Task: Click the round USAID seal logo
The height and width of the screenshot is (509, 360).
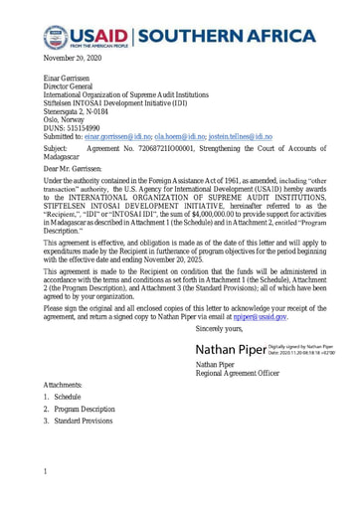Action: coord(56,38)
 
